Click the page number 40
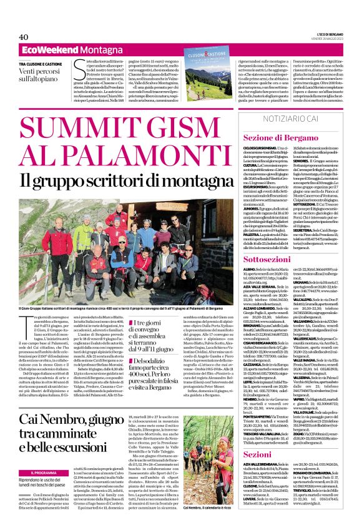24,37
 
